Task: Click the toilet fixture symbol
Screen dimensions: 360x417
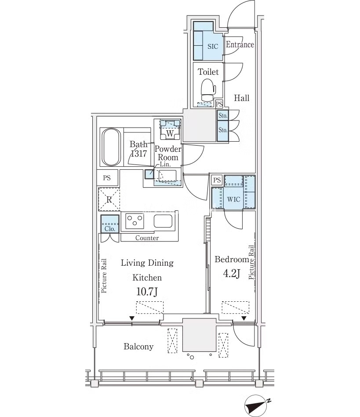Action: (x=208, y=90)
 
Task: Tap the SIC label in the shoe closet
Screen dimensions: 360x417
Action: (x=213, y=47)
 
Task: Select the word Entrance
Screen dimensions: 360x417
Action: (x=240, y=44)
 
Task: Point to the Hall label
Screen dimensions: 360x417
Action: (x=242, y=98)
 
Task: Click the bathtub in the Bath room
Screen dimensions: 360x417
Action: (x=112, y=147)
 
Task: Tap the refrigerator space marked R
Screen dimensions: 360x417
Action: (x=109, y=199)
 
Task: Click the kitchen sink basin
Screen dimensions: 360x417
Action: (x=163, y=221)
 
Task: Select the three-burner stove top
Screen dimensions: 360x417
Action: (x=135, y=221)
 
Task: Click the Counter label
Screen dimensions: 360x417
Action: (x=147, y=238)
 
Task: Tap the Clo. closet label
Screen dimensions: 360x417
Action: (x=110, y=229)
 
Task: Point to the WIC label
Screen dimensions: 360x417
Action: (x=234, y=199)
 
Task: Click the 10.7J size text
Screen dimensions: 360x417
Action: (x=147, y=292)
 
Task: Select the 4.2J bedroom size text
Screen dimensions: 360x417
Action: (x=232, y=273)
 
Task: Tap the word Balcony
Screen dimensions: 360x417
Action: (x=139, y=347)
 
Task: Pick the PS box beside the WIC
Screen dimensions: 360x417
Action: (x=217, y=180)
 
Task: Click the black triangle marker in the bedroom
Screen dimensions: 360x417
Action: (x=244, y=318)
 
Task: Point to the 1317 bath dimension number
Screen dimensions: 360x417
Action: (x=139, y=154)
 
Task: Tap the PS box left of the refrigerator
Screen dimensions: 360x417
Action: (x=107, y=178)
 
